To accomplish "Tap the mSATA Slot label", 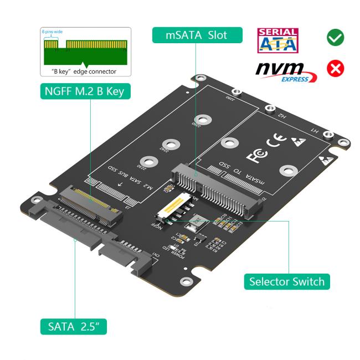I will click(197, 35).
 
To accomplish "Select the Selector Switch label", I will click(287, 281).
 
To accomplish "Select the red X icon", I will click(335, 69).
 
